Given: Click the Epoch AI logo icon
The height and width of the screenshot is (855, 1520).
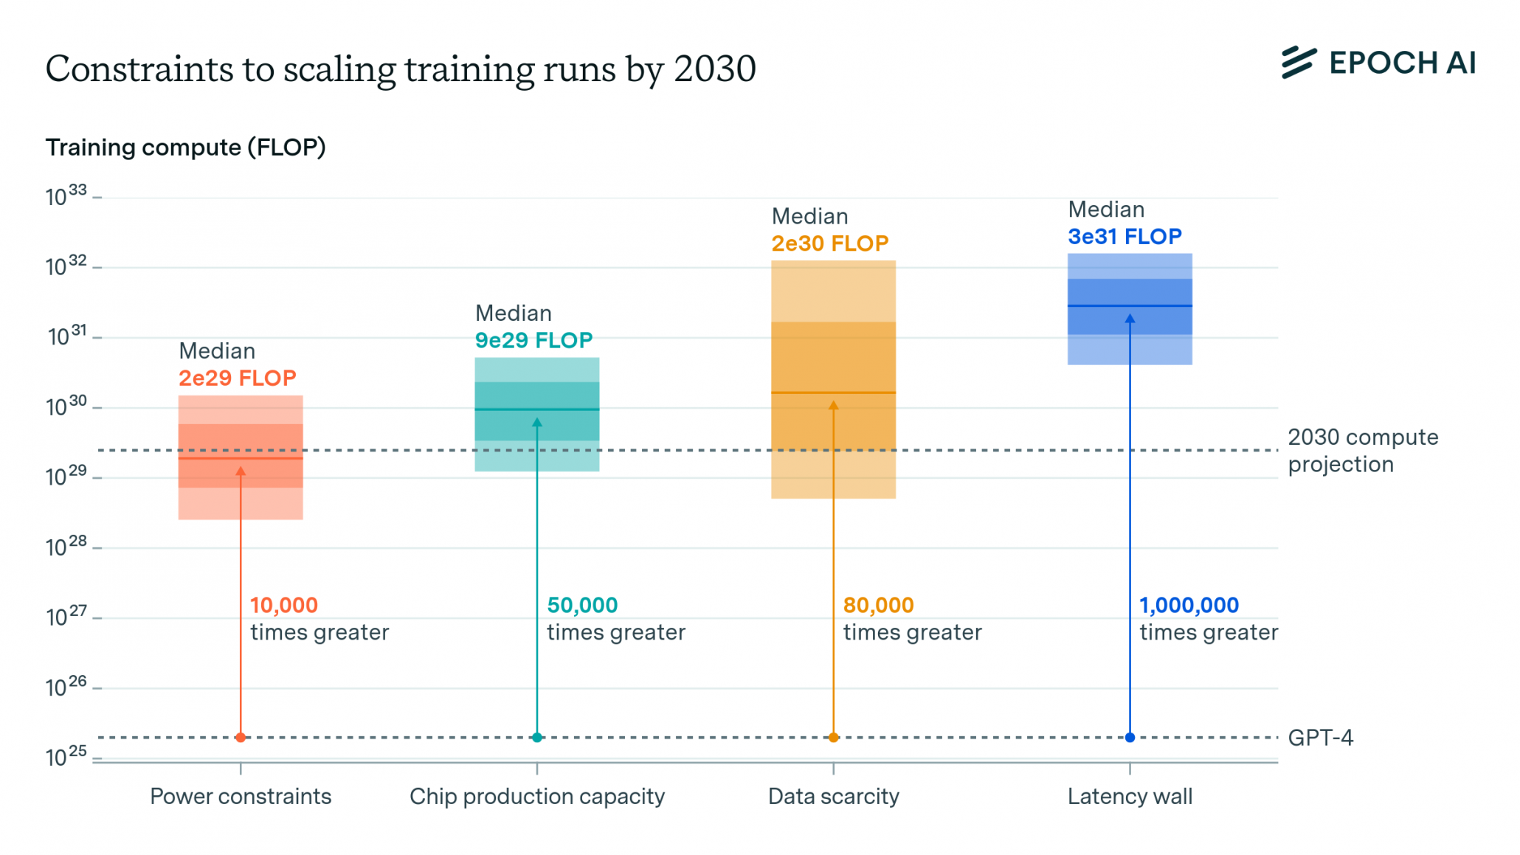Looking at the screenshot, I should point(1298,63).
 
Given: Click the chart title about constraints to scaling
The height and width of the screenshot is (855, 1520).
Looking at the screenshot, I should point(401,69).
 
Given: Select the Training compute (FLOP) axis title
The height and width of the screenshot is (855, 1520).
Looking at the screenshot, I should point(185,148).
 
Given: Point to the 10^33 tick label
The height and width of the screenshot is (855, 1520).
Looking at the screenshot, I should point(66,196).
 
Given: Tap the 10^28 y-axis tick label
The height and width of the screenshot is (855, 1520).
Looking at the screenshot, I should point(66,547).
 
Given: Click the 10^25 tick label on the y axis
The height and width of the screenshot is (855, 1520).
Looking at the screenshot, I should point(66,756).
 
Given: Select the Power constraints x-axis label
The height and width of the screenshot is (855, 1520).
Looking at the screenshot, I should point(241,797).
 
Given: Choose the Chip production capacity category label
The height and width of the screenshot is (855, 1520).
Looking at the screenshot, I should point(537,797).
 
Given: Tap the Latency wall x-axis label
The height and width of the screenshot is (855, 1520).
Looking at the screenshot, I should point(1130,797).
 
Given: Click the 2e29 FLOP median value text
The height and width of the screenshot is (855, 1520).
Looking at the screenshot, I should point(237,378).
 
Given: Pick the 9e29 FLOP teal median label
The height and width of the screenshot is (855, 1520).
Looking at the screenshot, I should point(533,341).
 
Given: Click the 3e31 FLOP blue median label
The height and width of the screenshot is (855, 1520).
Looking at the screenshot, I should point(1125,237).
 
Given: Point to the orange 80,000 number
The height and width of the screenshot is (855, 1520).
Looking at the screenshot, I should point(878,606).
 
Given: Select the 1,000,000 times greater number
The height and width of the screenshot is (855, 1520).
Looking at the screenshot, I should point(1189,606).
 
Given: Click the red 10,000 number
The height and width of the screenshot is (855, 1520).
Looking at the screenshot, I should point(283,606).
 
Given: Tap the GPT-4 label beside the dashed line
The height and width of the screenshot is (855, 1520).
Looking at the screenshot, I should point(1320,738).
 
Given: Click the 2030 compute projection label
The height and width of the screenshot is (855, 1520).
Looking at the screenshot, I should point(1362,451).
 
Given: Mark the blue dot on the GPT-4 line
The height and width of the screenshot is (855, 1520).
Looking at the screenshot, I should point(1130,738).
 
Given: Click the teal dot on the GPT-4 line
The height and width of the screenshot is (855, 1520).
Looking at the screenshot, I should point(537,738).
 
